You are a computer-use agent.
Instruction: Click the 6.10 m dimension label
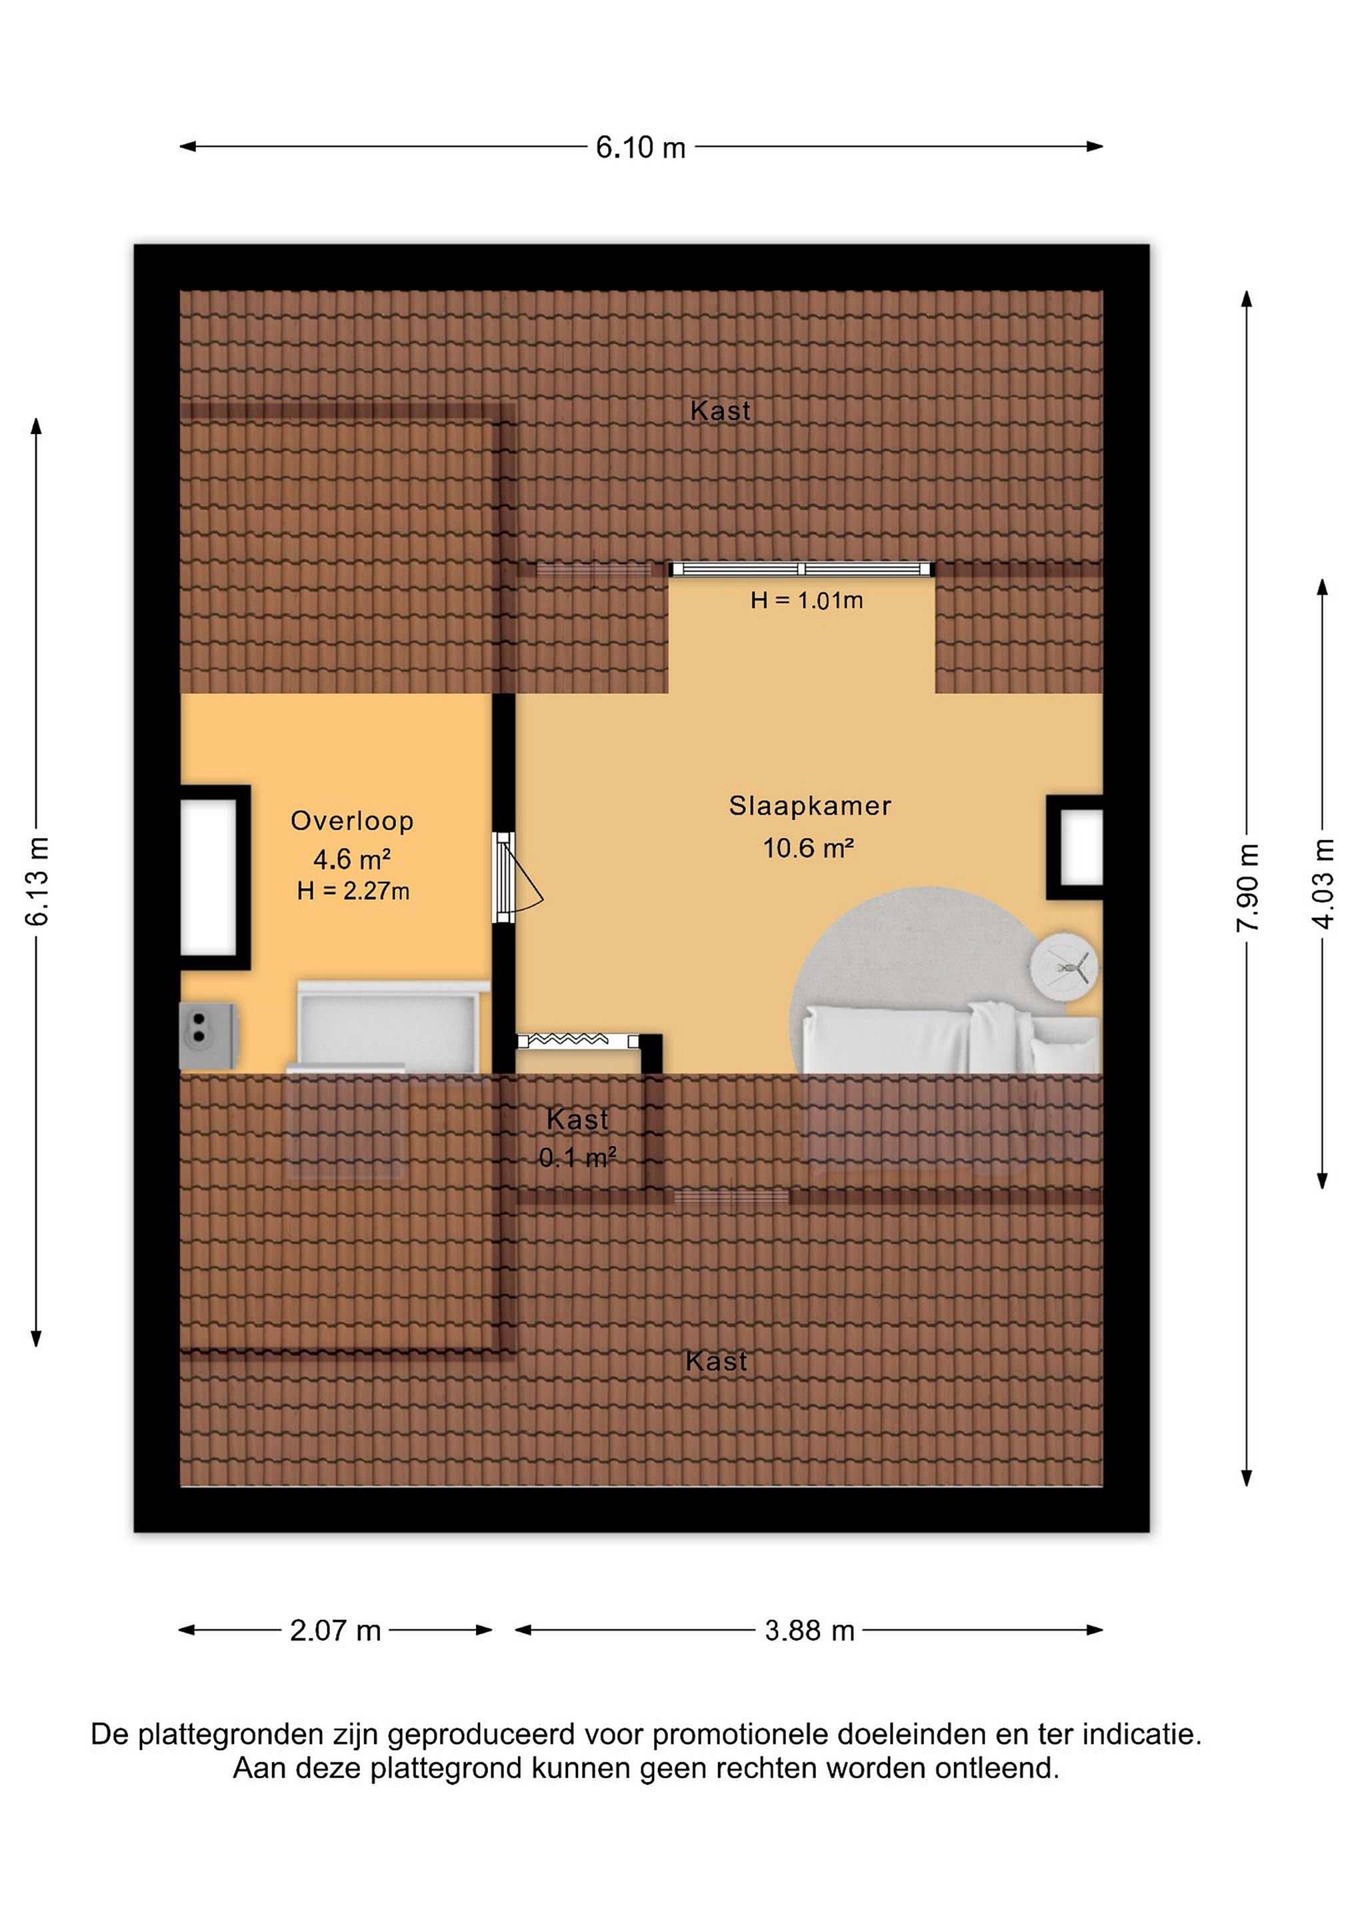click(641, 148)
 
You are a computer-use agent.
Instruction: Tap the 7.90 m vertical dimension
click(1247, 887)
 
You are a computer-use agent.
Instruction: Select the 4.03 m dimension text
click(1322, 883)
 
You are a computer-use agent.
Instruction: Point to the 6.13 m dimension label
click(37, 880)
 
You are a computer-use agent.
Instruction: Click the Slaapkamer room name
click(809, 806)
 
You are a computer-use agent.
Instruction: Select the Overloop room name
click(352, 821)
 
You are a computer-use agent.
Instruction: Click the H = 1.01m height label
click(806, 601)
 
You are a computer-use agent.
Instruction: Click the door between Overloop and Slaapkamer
click(505, 877)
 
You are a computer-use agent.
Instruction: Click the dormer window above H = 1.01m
click(801, 569)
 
